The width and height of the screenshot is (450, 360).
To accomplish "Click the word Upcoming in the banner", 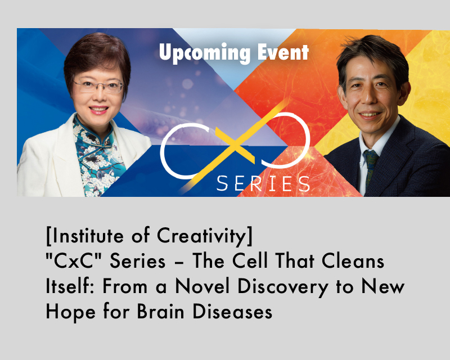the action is pos(204,53).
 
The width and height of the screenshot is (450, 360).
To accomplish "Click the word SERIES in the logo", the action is pos(263,183).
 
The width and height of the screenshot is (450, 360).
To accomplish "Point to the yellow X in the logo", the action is pos(234,146).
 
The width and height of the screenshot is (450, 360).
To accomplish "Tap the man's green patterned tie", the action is pos(371,166).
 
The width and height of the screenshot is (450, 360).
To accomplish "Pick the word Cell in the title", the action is pos(250,260).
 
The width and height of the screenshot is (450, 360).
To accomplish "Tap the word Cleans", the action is pos(353,261).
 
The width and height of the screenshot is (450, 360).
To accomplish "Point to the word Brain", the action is pos(160,311).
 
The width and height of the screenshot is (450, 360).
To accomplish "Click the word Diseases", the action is pos(232,311).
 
